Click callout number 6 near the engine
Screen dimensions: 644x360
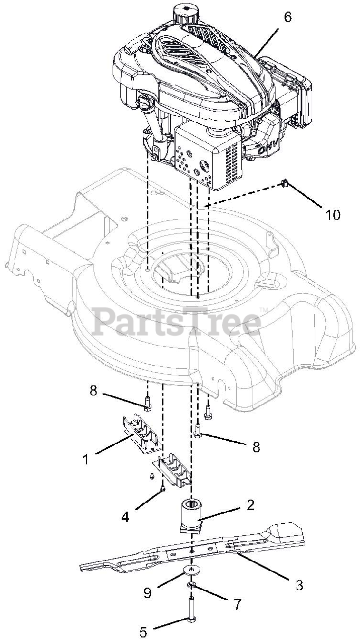point(288,17)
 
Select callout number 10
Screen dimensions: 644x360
point(332,214)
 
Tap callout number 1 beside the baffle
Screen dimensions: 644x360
point(85,459)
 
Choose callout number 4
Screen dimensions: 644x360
point(125,516)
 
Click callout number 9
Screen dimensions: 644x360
point(147,593)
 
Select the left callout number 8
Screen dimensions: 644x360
point(94,390)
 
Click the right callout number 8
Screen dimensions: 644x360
point(256,447)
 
